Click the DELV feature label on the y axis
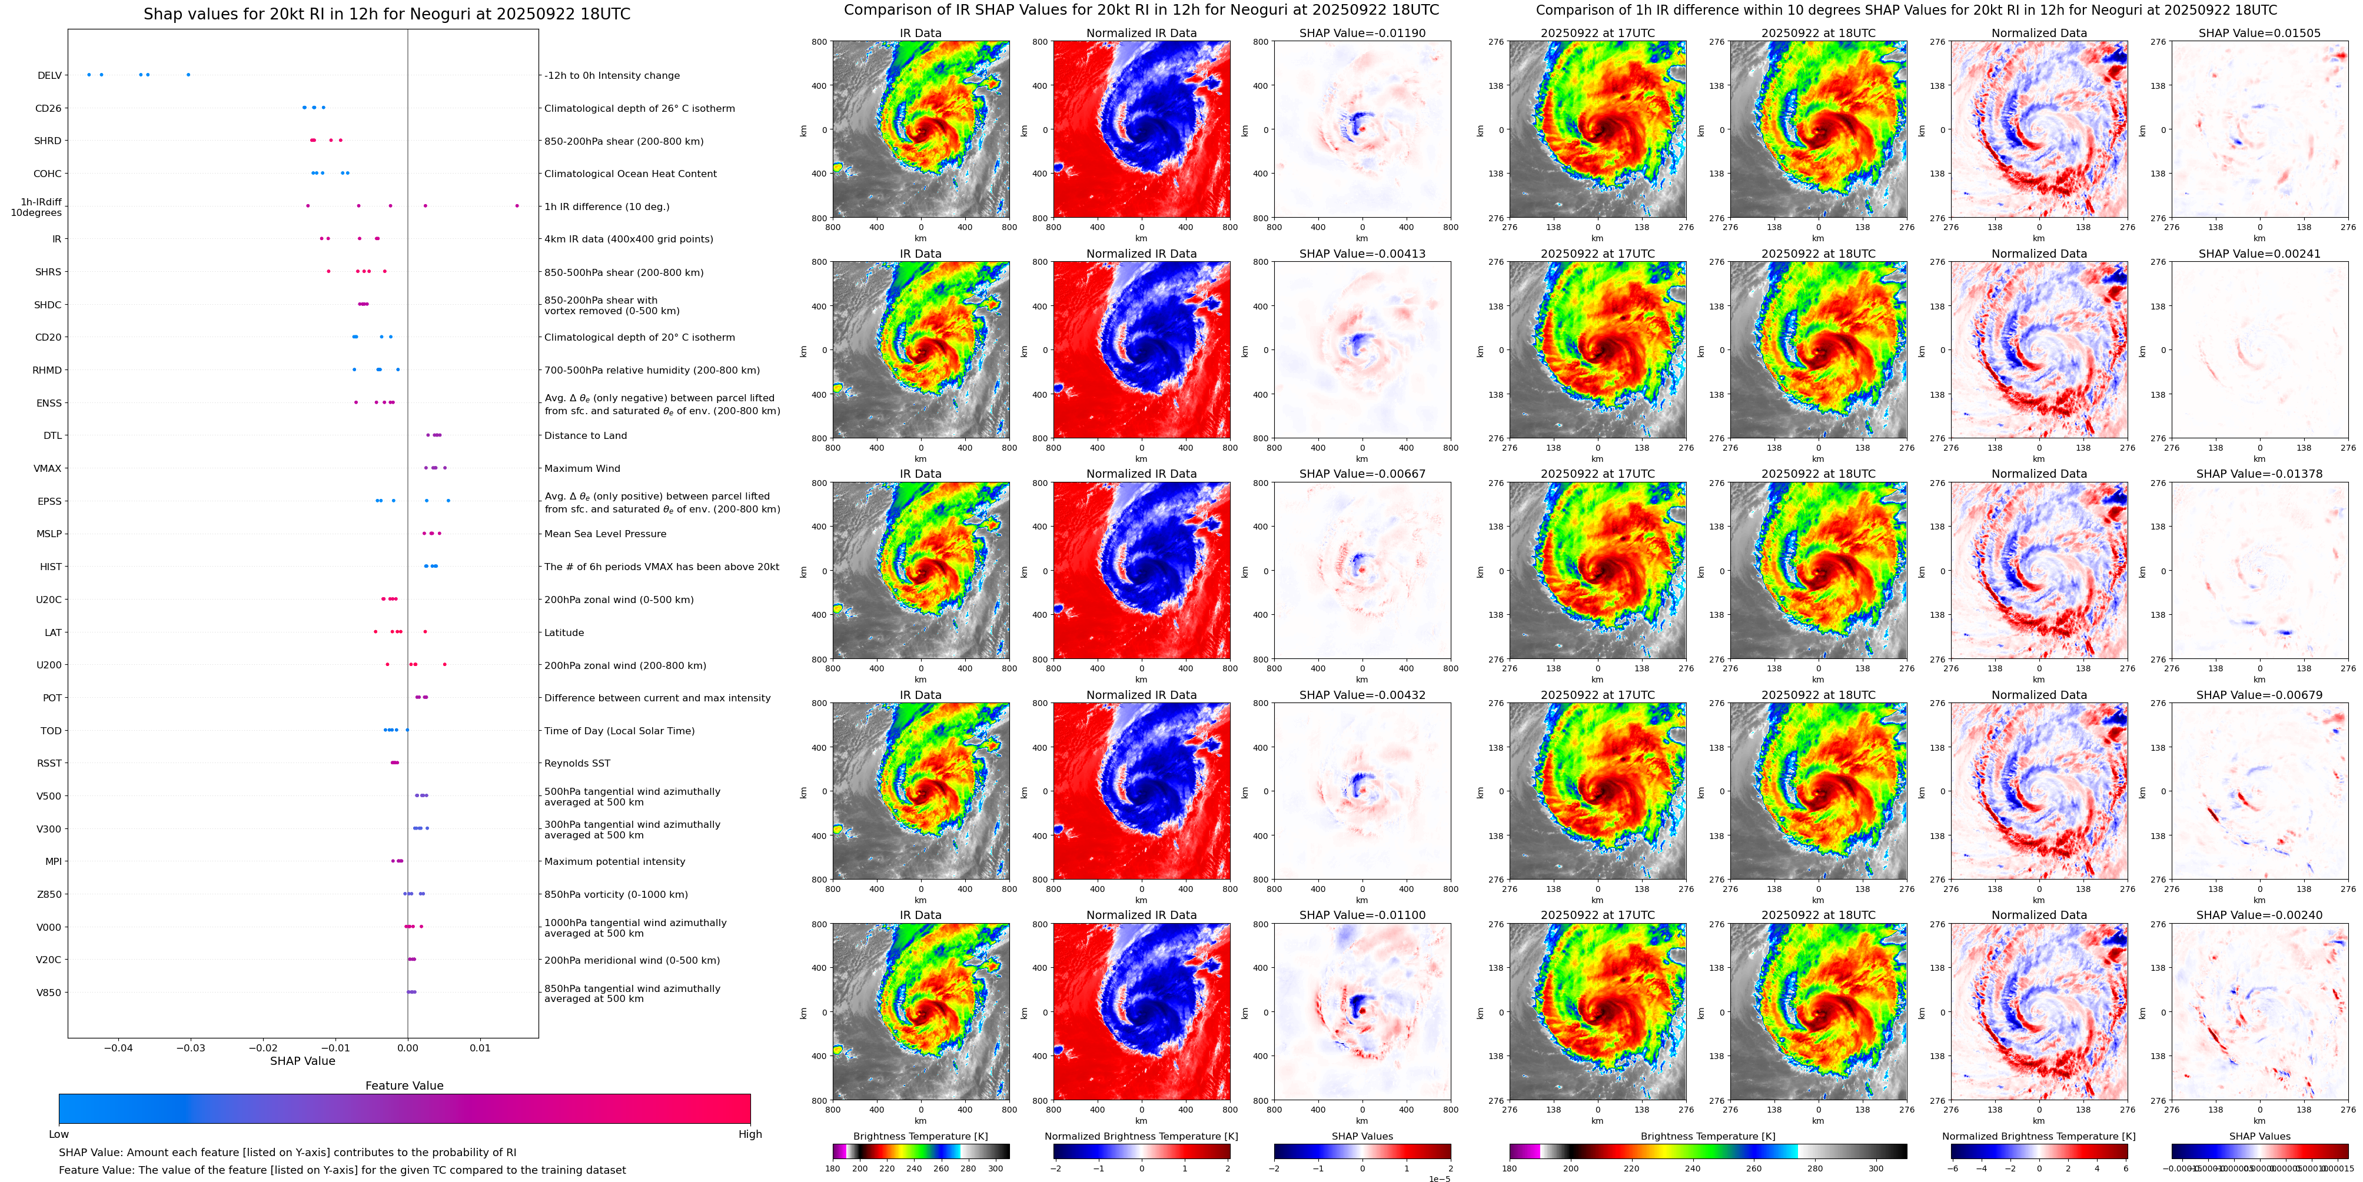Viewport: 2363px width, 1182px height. pos(49,75)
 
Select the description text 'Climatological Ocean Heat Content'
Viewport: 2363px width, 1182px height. pos(630,174)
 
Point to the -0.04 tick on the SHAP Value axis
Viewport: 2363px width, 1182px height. pos(118,1047)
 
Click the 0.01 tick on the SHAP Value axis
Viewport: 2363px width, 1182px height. pos(480,1047)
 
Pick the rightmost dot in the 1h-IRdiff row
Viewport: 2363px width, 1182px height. pos(517,205)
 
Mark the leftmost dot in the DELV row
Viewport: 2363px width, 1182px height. pos(89,74)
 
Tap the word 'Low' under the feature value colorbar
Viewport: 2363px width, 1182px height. pos(59,1134)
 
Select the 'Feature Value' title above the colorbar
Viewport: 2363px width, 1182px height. pos(404,1086)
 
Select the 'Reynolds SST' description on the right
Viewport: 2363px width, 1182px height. pos(577,763)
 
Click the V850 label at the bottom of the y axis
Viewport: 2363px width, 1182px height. pos(49,992)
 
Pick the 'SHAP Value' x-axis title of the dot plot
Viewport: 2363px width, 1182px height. pos(302,1061)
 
